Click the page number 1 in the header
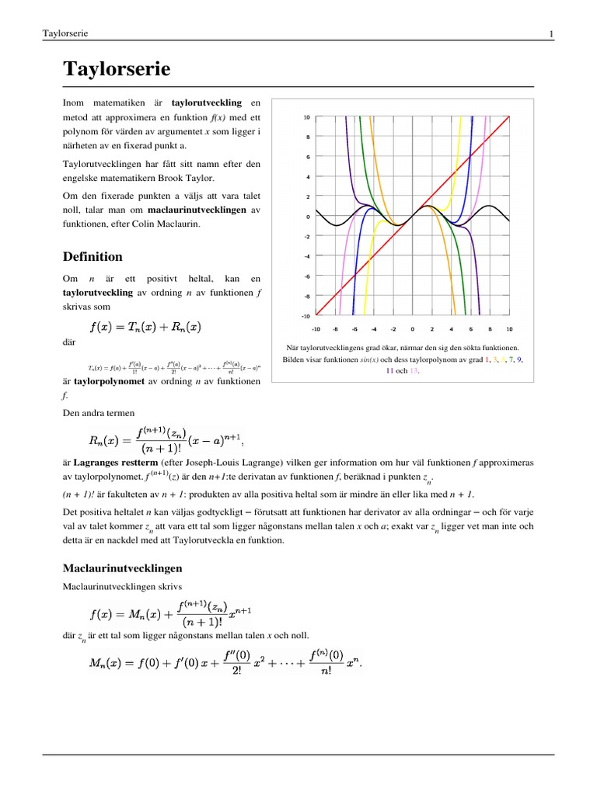click(x=550, y=33)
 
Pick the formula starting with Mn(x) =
click(x=226, y=665)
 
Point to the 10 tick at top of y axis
click(x=307, y=117)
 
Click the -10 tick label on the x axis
click(x=316, y=328)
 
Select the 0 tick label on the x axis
click(x=413, y=328)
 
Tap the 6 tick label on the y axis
click(x=309, y=157)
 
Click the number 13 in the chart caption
click(x=413, y=371)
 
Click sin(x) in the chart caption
click(x=368, y=360)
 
